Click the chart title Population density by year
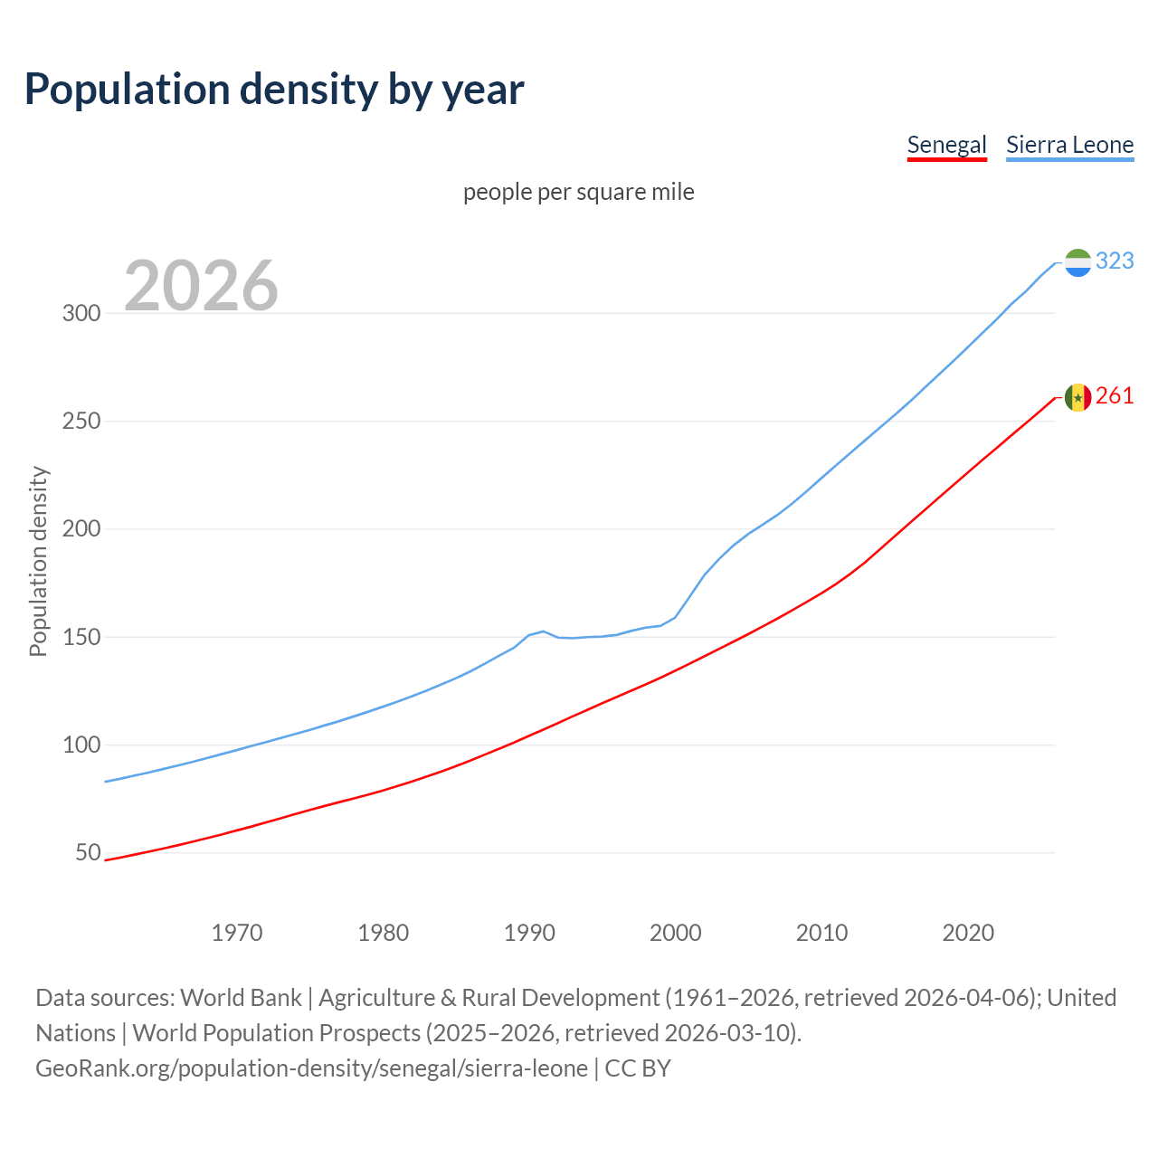(x=274, y=90)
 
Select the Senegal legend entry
(x=946, y=145)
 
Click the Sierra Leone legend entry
(x=1069, y=145)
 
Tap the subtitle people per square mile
(x=579, y=192)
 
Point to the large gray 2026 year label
(x=201, y=286)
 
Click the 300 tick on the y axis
(x=81, y=314)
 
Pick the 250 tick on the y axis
(x=81, y=422)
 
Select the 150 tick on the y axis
(x=81, y=638)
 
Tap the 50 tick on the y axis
(x=88, y=853)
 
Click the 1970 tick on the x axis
(x=237, y=933)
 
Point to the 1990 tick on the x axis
(x=529, y=933)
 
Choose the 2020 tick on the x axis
(x=968, y=933)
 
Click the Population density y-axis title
(x=38, y=561)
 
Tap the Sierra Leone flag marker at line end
(x=1077, y=262)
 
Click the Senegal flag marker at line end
(x=1077, y=397)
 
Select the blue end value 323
(x=1115, y=261)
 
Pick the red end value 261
(x=1115, y=396)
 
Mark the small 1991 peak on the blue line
(x=543, y=631)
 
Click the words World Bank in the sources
(x=241, y=998)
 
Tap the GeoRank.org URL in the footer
(x=312, y=1068)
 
